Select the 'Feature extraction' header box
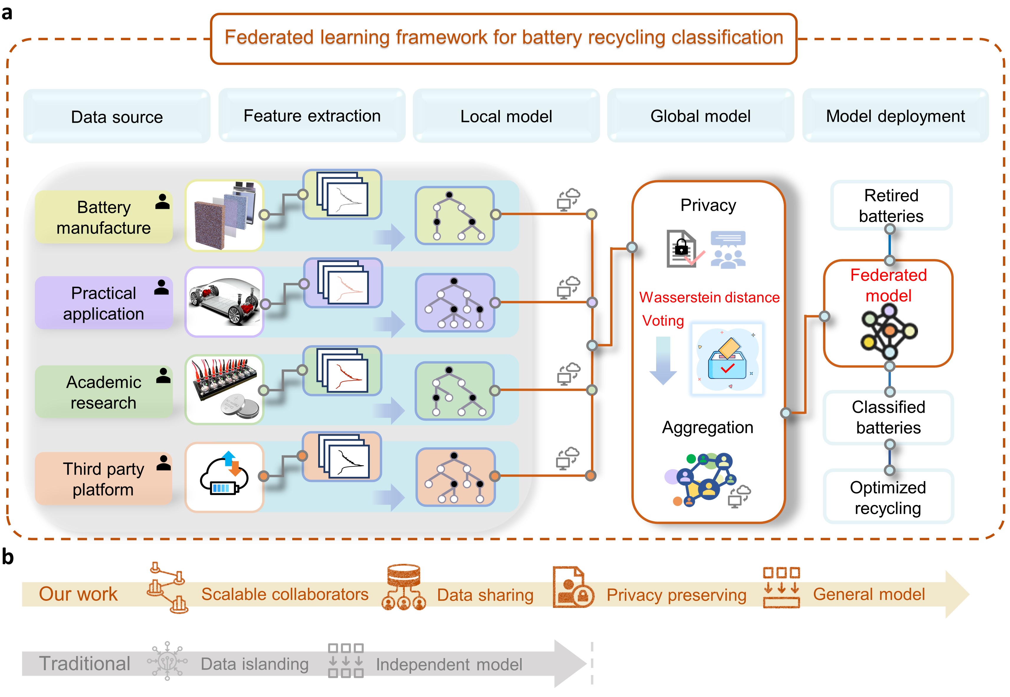312,116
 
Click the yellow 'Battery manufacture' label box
104,217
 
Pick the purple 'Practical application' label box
104,303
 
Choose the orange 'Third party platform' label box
104,479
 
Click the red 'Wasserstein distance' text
709,297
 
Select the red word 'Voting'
663,321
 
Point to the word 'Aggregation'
707,427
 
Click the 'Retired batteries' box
891,205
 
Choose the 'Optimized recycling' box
888,497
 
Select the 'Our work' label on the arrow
78,594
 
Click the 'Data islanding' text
254,664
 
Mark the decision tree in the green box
455,391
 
